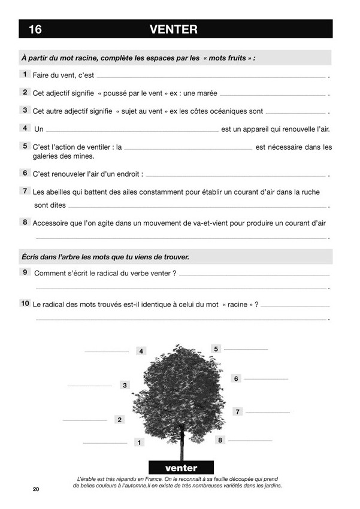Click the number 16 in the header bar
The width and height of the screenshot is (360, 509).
pos(35,29)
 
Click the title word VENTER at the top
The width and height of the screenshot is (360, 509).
pos(173,29)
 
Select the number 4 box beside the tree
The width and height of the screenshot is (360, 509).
pos(141,352)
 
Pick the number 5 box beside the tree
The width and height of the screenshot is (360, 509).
pos(216,349)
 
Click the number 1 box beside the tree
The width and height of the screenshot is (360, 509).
pos(139,443)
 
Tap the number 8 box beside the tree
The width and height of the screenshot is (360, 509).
pos(220,440)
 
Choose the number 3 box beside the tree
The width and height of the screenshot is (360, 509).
pos(125,385)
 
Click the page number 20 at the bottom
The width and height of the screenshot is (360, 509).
pos(36,490)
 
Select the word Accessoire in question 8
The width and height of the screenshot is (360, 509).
pos(52,223)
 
